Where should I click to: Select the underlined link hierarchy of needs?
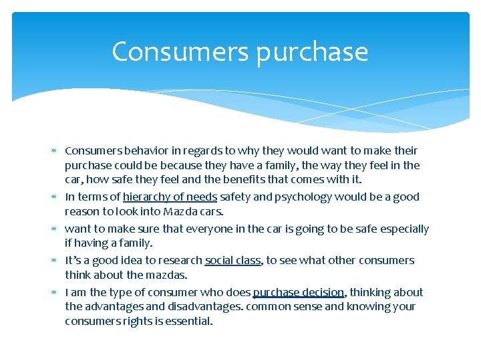click(x=170, y=197)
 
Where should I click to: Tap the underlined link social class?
click(x=232, y=260)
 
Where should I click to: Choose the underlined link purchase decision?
click(x=299, y=292)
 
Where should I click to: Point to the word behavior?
click(x=141, y=150)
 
